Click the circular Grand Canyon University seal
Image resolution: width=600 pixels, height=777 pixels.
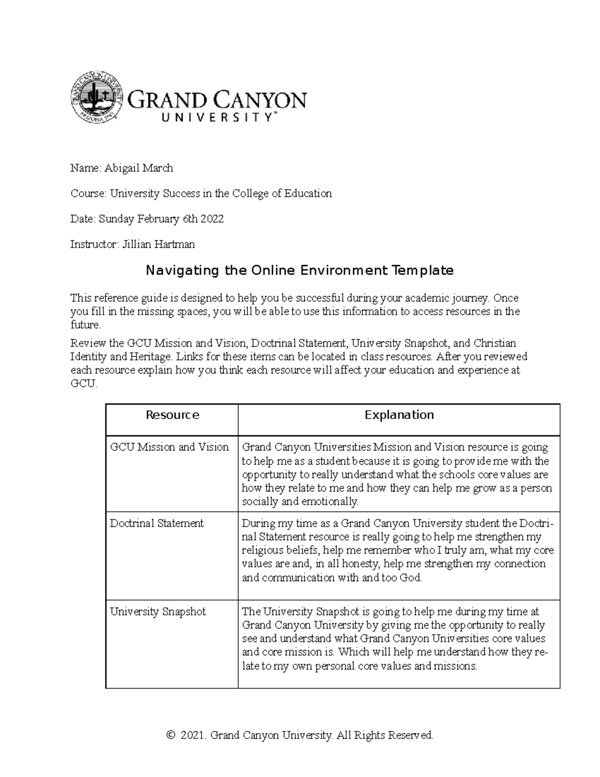click(x=96, y=98)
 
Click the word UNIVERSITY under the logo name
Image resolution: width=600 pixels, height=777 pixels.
click(x=216, y=118)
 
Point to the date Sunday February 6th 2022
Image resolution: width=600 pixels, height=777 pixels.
click(x=161, y=219)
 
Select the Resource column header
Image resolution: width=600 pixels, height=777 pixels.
click(x=172, y=415)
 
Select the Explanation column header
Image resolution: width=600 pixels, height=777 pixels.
click(x=398, y=415)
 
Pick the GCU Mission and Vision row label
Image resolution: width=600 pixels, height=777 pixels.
click(x=169, y=447)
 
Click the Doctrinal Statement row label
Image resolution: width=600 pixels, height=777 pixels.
click(x=156, y=523)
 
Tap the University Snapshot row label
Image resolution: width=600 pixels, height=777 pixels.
click(x=157, y=611)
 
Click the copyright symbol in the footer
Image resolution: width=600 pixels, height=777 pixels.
click(x=171, y=735)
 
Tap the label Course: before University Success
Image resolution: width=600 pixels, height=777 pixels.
click(x=88, y=194)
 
